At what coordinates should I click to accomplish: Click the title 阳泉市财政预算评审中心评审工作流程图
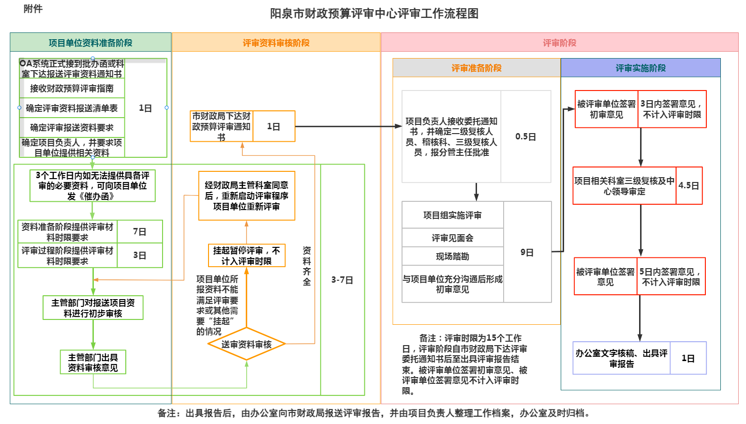pyautogui.click(x=374, y=14)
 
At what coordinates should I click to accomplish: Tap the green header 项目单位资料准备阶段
pyautogui.click(x=90, y=43)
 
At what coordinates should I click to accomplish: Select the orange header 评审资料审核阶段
pyautogui.click(x=276, y=43)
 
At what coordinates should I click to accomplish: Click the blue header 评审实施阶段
pyautogui.click(x=641, y=68)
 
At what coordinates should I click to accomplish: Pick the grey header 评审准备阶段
pyautogui.click(x=476, y=68)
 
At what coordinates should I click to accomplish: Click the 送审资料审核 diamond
pyautogui.click(x=246, y=344)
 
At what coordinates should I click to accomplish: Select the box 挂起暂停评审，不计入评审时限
pyautogui.click(x=246, y=256)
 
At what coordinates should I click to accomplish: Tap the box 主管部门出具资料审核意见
pyautogui.click(x=93, y=362)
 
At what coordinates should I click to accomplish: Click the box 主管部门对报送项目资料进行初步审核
pyautogui.click(x=93, y=308)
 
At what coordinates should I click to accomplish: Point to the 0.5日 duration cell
pyautogui.click(x=525, y=136)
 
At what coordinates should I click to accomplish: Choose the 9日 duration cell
pyautogui.click(x=527, y=252)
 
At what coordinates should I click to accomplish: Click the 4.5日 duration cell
pyautogui.click(x=688, y=185)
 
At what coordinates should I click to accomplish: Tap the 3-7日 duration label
pyautogui.click(x=342, y=280)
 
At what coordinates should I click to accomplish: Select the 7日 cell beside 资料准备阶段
pyautogui.click(x=139, y=232)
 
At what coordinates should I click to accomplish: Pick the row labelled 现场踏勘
pyautogui.click(x=452, y=257)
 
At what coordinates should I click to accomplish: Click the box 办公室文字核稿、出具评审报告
pyautogui.click(x=621, y=358)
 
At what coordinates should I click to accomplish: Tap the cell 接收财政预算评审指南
pyautogui.click(x=72, y=89)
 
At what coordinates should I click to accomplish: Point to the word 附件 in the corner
pyautogui.click(x=33, y=9)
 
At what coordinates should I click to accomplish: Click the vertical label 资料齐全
pyautogui.click(x=307, y=266)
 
